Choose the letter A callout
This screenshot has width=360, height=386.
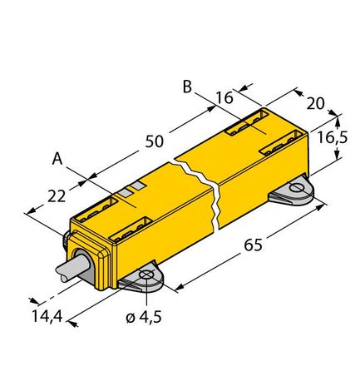(x=57, y=157)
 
